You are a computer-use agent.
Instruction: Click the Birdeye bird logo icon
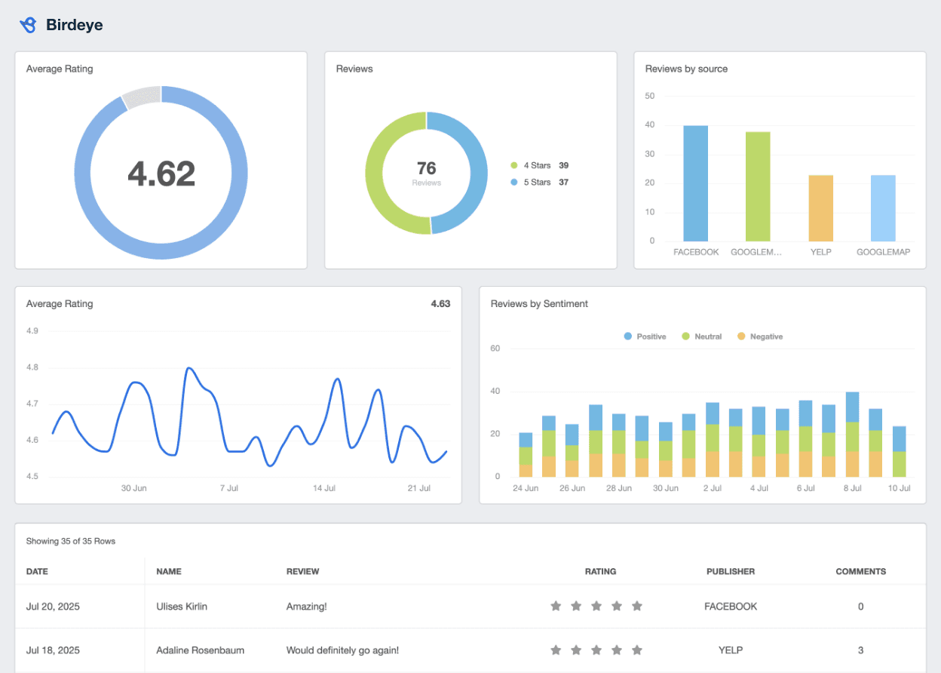pyautogui.click(x=28, y=25)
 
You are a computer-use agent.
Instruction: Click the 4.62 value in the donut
pyautogui.click(x=161, y=174)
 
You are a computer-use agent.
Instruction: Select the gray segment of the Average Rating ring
pyautogui.click(x=141, y=97)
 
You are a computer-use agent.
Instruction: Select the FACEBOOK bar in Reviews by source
pyautogui.click(x=696, y=183)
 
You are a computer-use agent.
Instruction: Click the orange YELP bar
pyautogui.click(x=820, y=208)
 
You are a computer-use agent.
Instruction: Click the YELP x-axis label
pyautogui.click(x=820, y=252)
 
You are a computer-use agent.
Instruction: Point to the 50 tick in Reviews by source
pyautogui.click(x=650, y=96)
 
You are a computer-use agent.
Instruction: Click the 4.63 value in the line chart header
pyautogui.click(x=440, y=304)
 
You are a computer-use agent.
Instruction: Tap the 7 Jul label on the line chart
pyautogui.click(x=229, y=488)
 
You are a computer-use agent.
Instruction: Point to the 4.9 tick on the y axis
pyautogui.click(x=32, y=330)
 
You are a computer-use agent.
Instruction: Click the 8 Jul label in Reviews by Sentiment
pyautogui.click(x=852, y=488)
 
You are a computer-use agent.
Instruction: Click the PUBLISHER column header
pyautogui.click(x=731, y=571)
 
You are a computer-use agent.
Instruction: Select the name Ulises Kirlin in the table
pyautogui.click(x=181, y=607)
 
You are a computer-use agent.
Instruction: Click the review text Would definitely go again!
pyautogui.click(x=342, y=650)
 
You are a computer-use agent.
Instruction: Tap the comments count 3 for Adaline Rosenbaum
pyautogui.click(x=861, y=650)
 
